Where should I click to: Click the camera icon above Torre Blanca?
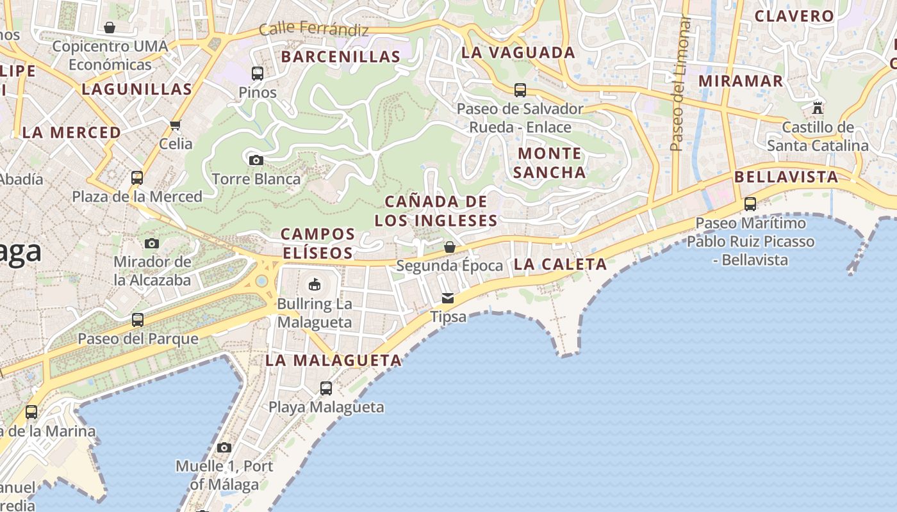click(x=256, y=160)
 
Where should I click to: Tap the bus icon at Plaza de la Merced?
click(x=136, y=177)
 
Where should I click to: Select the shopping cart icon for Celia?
click(x=176, y=125)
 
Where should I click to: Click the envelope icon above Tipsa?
click(x=448, y=298)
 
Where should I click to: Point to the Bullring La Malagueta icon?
click(x=315, y=284)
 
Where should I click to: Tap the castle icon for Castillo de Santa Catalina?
click(x=818, y=108)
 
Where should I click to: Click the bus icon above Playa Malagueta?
click(x=326, y=388)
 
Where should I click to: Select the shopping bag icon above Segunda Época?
click(x=450, y=246)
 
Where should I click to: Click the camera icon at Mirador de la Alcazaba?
click(x=152, y=243)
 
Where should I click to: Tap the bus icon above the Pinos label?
click(x=258, y=74)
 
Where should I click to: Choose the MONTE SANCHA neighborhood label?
click(x=550, y=163)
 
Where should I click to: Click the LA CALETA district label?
click(x=560, y=264)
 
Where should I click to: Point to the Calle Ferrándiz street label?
click(x=314, y=29)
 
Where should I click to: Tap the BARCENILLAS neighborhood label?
click(x=340, y=56)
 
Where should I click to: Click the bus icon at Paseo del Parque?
click(x=138, y=319)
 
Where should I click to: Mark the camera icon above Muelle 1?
click(x=224, y=447)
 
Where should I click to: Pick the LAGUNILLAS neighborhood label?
click(x=136, y=89)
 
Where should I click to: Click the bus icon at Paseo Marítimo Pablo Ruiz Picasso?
click(x=750, y=204)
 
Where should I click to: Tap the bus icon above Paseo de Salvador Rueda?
click(x=520, y=90)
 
